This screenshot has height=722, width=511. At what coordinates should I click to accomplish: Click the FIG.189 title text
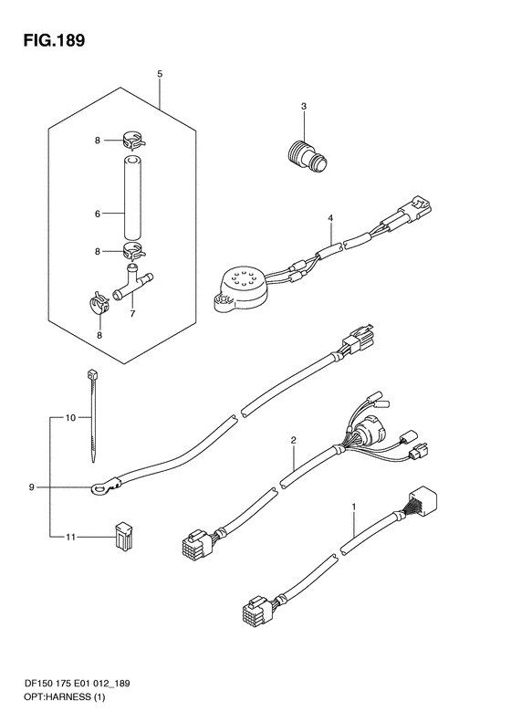click(x=55, y=40)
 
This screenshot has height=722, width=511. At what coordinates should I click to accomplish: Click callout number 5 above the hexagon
click(x=160, y=74)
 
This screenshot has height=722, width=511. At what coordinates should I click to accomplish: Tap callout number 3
click(x=303, y=107)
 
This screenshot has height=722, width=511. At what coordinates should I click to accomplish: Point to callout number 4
click(x=330, y=218)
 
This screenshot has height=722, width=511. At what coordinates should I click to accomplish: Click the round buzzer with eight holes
click(x=241, y=290)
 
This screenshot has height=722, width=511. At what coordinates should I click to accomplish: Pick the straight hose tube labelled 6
click(x=132, y=198)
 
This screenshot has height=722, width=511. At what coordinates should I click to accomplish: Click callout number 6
click(x=97, y=214)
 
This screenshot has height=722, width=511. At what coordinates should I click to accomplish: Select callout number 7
click(x=132, y=315)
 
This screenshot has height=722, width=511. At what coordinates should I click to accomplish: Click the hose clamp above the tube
click(x=133, y=140)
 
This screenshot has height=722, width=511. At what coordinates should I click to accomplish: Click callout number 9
click(x=32, y=487)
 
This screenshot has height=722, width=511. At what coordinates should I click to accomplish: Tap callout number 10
click(x=70, y=418)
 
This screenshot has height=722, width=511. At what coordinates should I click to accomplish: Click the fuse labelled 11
click(x=123, y=537)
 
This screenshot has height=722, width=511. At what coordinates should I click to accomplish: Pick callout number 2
click(x=293, y=440)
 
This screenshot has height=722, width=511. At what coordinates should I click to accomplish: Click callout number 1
click(x=354, y=507)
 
